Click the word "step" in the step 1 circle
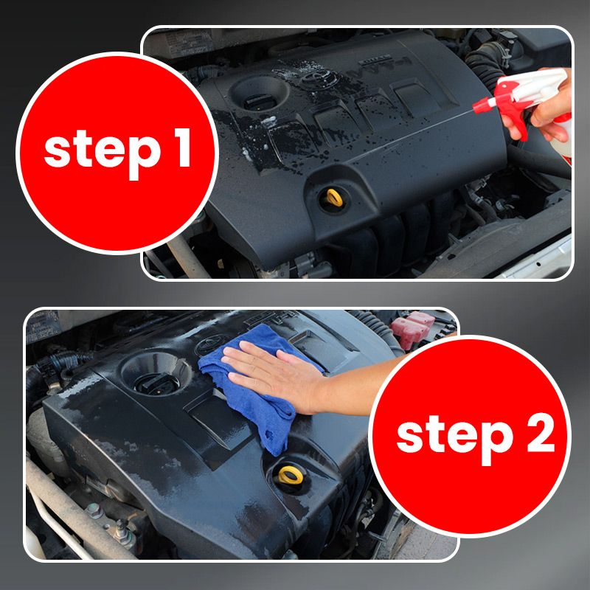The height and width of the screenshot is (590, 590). [103, 153]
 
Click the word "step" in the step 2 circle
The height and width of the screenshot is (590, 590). [455, 439]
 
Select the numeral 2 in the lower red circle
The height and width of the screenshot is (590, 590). [541, 433]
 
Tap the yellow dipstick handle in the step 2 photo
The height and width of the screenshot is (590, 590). [291, 475]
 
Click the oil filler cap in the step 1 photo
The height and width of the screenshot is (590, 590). [259, 102]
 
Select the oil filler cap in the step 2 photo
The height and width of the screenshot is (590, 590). [156, 383]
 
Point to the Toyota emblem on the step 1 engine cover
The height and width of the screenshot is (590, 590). [316, 77]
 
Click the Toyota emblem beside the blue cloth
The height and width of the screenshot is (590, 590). [211, 345]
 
